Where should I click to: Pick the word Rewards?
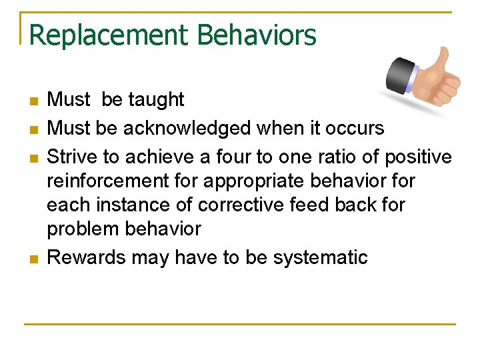point(86,257)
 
